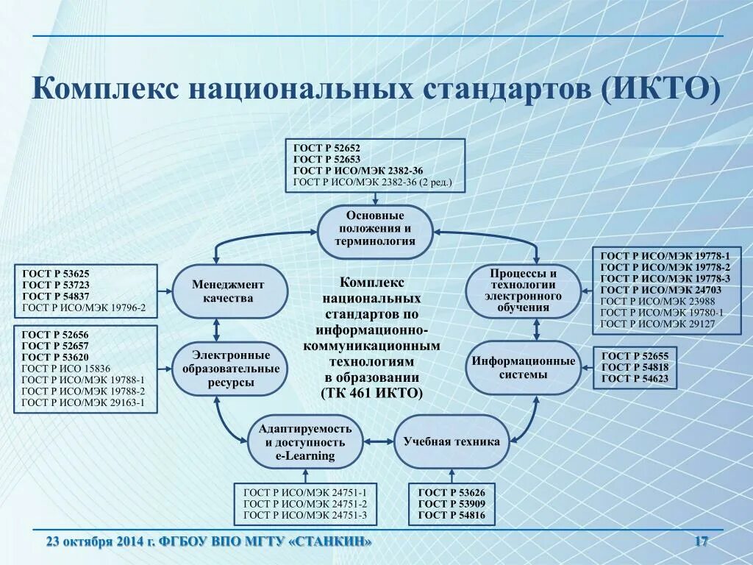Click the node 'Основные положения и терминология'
coord(375,230)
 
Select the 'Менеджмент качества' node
coord(229,291)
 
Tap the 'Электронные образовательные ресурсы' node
coord(226,369)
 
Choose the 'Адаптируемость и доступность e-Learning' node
coord(305,442)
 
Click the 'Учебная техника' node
coord(452,442)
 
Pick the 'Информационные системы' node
coord(524,368)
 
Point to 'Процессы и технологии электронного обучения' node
coord(524,291)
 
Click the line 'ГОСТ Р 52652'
coord(324,148)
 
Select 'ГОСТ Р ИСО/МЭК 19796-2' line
coord(84,308)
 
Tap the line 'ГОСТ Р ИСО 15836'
coord(66,369)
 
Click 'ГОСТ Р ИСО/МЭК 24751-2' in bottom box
coord(305,504)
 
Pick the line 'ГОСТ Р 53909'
coord(452,504)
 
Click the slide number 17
coord(701,542)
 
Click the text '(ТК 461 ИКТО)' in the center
coord(372,393)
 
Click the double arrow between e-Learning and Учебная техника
coord(379,442)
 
